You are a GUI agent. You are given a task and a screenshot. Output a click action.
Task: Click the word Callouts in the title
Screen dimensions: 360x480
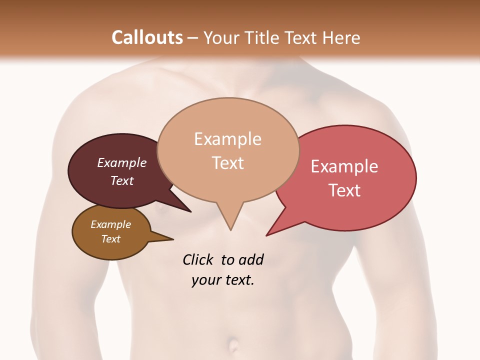[147, 37]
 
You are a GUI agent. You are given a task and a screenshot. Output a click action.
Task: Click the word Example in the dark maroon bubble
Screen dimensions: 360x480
[122, 162]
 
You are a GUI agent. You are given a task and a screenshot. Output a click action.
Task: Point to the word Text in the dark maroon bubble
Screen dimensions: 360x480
[122, 180]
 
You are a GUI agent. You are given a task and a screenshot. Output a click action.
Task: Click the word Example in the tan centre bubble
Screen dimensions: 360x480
[227, 139]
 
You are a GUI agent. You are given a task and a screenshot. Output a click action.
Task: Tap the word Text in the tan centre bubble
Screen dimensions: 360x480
[227, 163]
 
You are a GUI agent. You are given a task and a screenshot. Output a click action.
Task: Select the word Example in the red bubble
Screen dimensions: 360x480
[344, 166]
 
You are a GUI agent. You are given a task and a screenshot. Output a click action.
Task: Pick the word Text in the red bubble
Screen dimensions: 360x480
[344, 190]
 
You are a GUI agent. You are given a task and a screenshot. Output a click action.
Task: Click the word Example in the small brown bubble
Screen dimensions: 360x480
[110, 224]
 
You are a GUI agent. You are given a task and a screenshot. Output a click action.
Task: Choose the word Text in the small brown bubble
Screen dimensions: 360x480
[110, 239]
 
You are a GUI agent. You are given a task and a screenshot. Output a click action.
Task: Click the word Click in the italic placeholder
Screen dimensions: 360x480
[198, 260]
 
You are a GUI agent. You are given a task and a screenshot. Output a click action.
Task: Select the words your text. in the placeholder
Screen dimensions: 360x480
[223, 280]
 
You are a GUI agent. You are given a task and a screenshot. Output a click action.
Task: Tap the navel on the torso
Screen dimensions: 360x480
[234, 345]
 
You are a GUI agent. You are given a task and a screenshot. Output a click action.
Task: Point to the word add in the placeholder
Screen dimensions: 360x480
[250, 260]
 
